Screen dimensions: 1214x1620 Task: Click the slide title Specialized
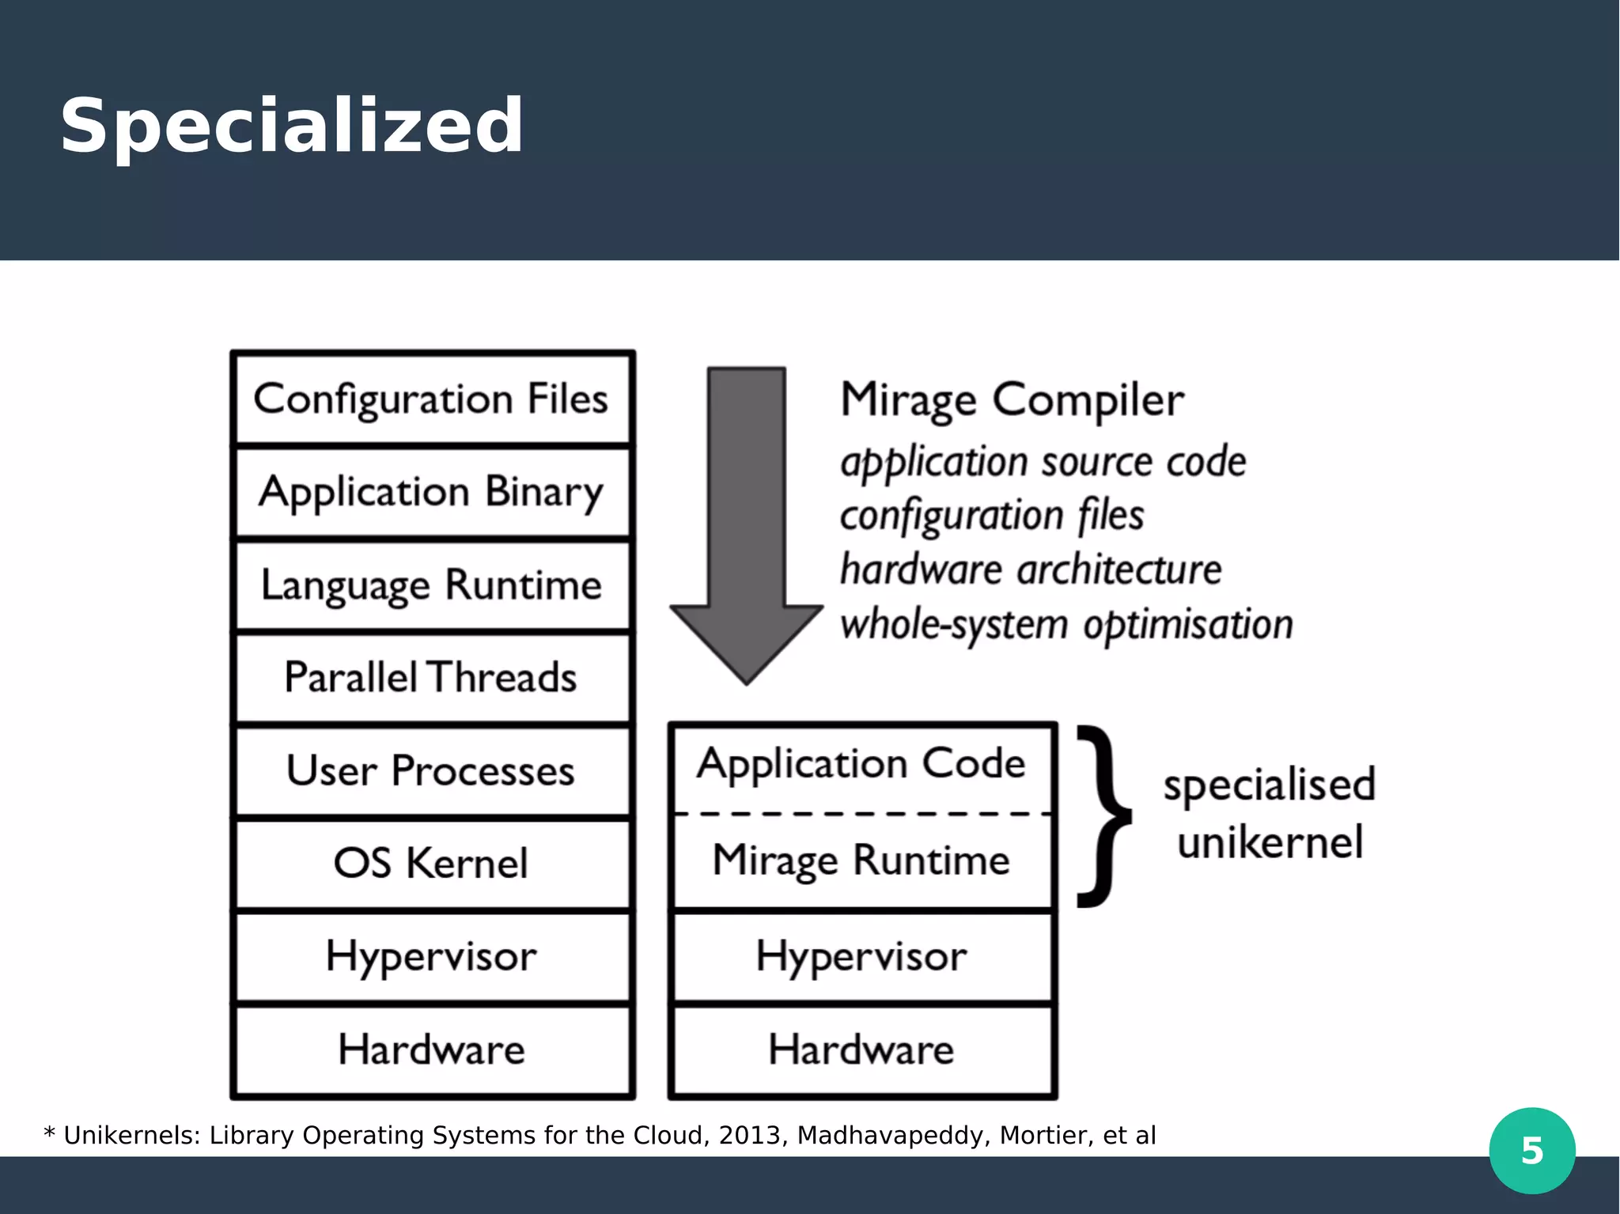(x=291, y=126)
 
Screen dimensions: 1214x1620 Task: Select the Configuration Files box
(x=432, y=399)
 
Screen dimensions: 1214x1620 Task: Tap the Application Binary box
(x=432, y=492)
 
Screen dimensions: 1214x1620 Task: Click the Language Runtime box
(x=432, y=585)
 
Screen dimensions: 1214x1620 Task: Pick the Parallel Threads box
(x=432, y=678)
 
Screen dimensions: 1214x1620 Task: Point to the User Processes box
(x=432, y=771)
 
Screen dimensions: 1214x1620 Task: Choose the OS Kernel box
(x=432, y=863)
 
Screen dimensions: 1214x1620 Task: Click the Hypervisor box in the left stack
(x=432, y=956)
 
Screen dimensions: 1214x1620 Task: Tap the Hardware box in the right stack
(x=862, y=1049)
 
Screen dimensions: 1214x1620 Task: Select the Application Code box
(x=862, y=764)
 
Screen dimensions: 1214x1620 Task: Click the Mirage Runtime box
(x=862, y=860)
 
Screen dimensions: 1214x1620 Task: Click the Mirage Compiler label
(x=1012, y=399)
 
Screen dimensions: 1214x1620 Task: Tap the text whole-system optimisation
(x=1065, y=625)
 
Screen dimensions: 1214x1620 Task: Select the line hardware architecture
(x=1030, y=570)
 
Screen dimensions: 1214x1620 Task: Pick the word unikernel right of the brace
(x=1270, y=842)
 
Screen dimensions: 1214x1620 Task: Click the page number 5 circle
(x=1531, y=1151)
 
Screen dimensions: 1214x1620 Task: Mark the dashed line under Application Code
(x=862, y=813)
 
